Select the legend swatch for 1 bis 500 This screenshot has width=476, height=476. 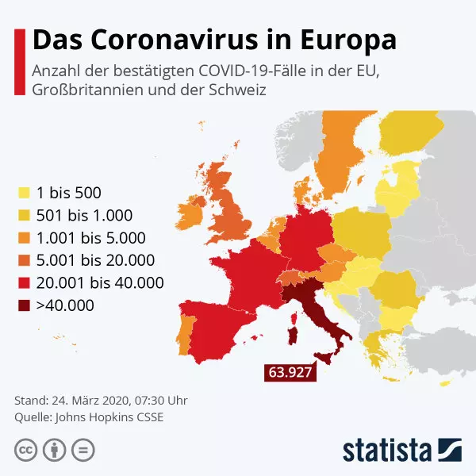pos(25,193)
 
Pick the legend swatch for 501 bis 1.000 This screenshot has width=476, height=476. pos(25,215)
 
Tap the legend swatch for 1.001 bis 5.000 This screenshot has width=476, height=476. pos(25,238)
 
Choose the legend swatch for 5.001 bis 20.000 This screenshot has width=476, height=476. pos(25,260)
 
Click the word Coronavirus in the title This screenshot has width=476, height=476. pos(174,39)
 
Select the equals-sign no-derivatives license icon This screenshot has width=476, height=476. pos(82,450)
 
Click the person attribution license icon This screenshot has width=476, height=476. pos(54,450)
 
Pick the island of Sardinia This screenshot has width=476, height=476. pos(292,327)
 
